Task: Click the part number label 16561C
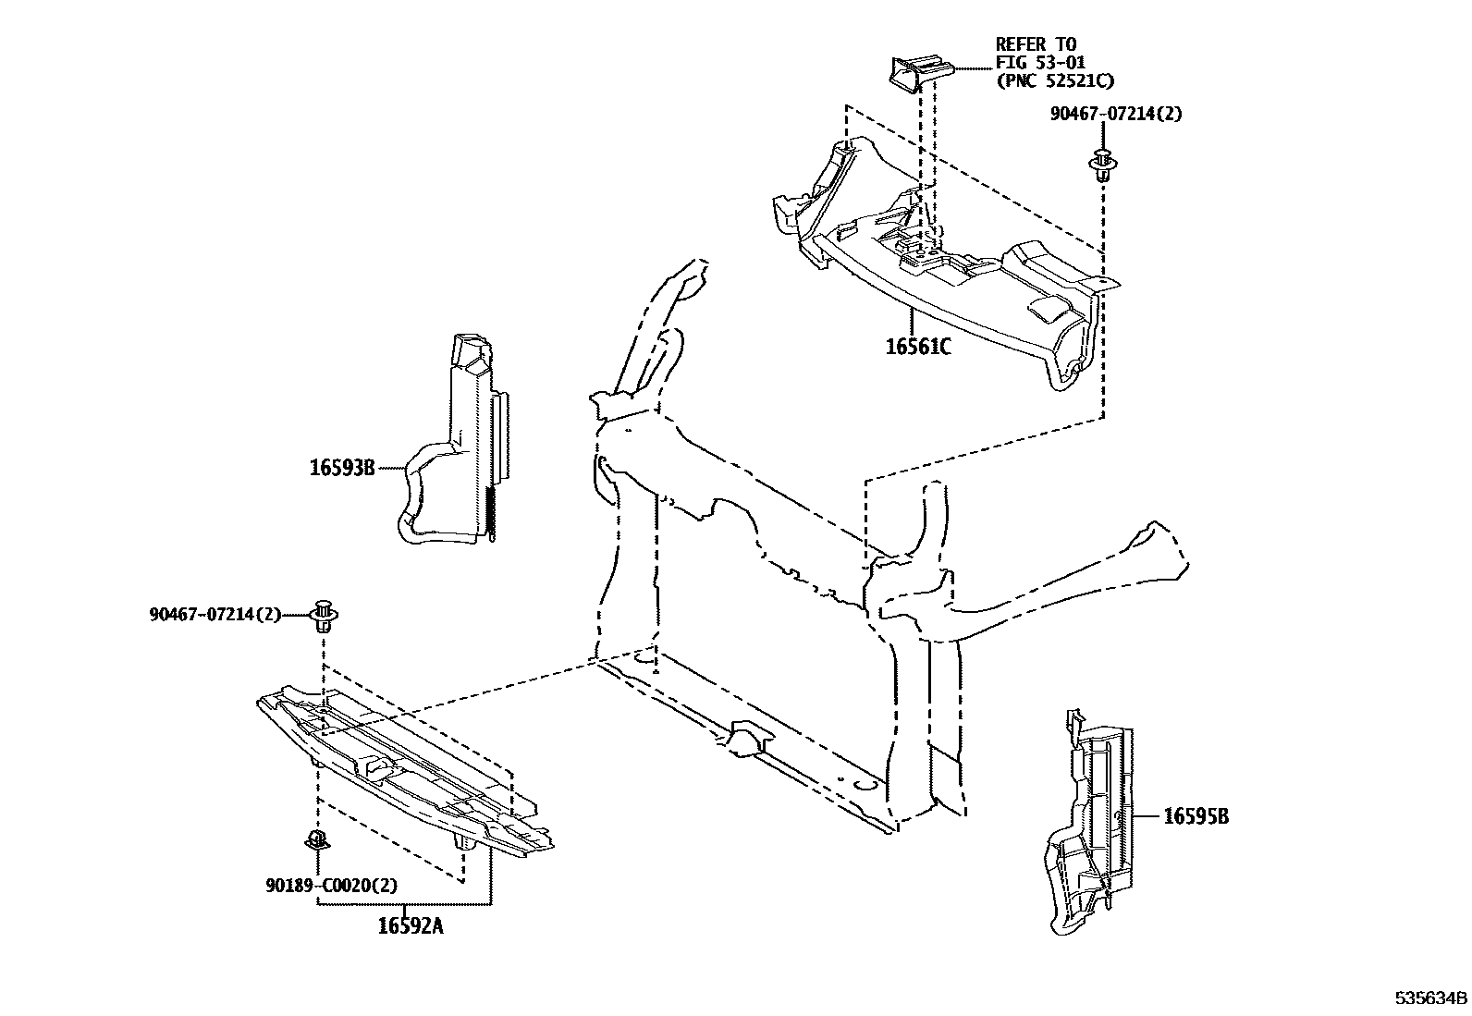tap(917, 348)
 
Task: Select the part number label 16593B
tap(341, 468)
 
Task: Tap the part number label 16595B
tap(1196, 816)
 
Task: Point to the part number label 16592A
tap(410, 924)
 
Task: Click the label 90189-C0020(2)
tap(331, 885)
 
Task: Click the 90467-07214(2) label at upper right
tap(1115, 114)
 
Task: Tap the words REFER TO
tap(1036, 43)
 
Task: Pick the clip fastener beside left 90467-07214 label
tap(324, 614)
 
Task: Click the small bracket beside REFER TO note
tap(915, 72)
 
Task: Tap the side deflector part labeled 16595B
tap(1091, 823)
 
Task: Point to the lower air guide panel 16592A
tap(407, 767)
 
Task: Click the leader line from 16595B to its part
tap(1142, 816)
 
